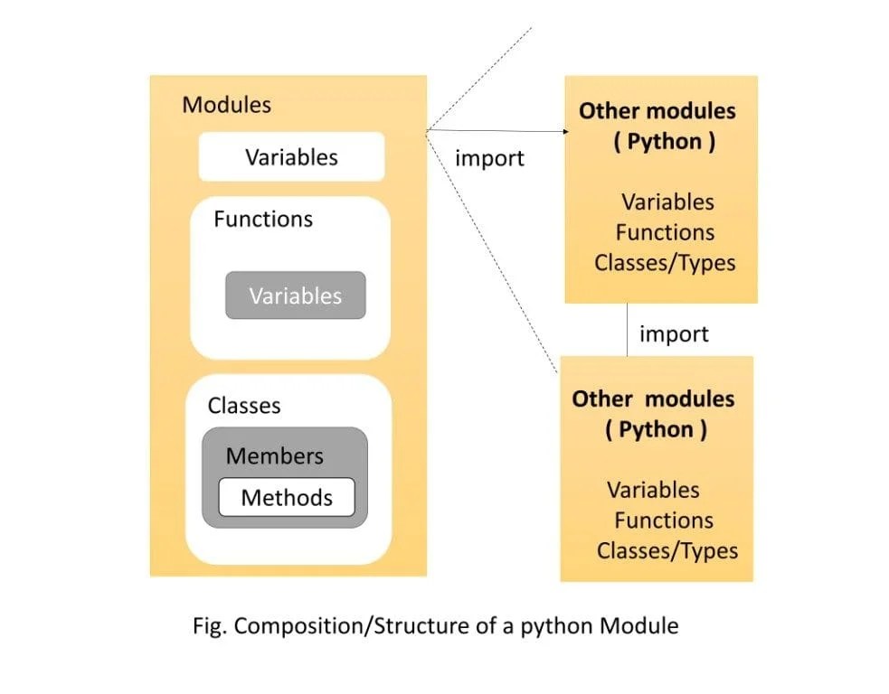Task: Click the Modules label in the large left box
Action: point(226,105)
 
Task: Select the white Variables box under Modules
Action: point(291,157)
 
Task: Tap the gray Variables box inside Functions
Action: point(296,295)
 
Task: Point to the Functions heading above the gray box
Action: point(263,220)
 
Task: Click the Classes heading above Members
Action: point(244,406)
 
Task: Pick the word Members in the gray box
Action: point(274,456)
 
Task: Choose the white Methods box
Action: point(287,497)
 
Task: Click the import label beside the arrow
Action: point(489,158)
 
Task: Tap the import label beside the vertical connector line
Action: point(674,334)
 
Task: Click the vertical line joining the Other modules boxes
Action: point(628,330)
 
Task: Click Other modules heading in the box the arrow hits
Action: point(657,111)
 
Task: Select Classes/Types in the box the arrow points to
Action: point(665,263)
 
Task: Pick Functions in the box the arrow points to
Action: point(665,232)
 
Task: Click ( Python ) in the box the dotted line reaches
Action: point(656,429)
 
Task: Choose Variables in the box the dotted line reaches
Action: point(653,490)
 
